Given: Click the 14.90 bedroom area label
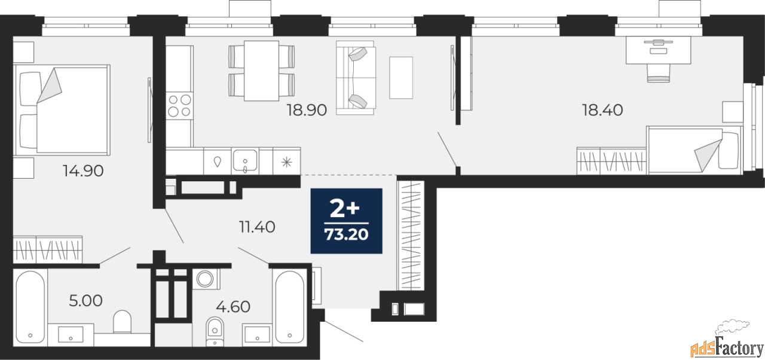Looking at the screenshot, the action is coord(83,170).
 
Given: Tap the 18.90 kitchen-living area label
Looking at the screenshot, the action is coord(307,110).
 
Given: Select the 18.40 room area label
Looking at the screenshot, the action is coord(602,110).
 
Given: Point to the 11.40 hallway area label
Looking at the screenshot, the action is coord(257,227).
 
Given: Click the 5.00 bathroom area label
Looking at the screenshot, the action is coord(85,301).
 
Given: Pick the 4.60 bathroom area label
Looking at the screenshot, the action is coord(233,307).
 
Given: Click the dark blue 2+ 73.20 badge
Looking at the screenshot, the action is coord(346,221).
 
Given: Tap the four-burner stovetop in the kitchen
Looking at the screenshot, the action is coord(179,105).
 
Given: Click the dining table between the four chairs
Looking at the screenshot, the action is coord(262,71).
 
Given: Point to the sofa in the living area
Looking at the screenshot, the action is coord(356,78).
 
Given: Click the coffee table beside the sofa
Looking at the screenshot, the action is coord(401,78).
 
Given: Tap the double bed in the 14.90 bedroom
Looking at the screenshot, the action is coord(62,110).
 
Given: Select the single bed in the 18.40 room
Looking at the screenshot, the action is coord(694,150).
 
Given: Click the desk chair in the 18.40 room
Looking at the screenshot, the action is coord(659,73).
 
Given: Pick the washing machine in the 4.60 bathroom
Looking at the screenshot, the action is coord(205,279).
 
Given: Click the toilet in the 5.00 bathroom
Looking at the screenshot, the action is coord(123,321).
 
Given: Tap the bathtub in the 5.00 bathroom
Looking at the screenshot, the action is coord(30,307).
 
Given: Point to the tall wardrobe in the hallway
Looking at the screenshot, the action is coord(411,236).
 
